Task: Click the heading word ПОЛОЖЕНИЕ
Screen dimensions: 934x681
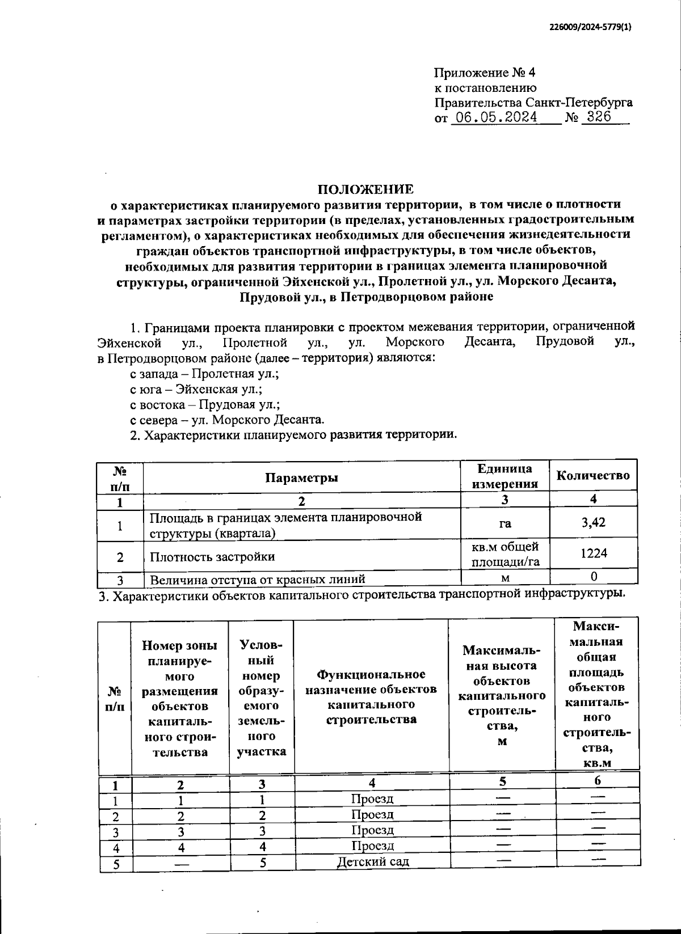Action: point(365,189)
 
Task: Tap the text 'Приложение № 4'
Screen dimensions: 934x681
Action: point(484,73)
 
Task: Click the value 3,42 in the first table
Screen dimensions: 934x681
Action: point(593,523)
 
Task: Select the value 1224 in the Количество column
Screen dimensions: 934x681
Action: point(593,553)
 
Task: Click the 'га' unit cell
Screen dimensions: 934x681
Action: point(505,524)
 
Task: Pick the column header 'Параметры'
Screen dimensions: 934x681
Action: point(301,477)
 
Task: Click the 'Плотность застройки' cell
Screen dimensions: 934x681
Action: point(212,557)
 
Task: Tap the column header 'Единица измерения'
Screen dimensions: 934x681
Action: point(505,476)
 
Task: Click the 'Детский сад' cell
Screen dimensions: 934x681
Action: point(372,861)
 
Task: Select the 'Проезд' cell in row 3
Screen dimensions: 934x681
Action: point(372,830)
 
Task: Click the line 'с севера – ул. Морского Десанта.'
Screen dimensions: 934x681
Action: point(227,420)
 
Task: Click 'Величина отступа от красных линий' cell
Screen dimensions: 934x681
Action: point(257,579)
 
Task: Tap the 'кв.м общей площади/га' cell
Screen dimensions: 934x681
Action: point(505,554)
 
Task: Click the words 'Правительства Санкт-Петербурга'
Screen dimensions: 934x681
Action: point(533,103)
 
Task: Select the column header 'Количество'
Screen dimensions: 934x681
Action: point(593,475)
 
